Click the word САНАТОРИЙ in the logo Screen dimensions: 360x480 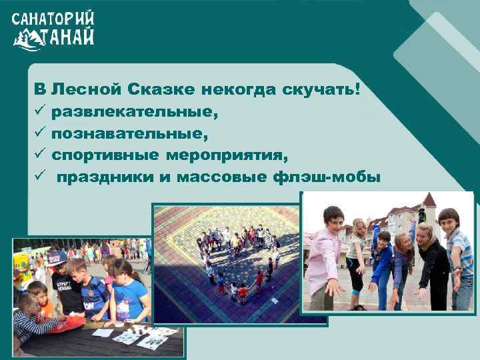pos(53,18)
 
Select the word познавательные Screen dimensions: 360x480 pos(129,135)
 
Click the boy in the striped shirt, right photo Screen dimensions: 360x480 pos(456,257)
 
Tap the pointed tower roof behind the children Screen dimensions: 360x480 pos(429,199)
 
